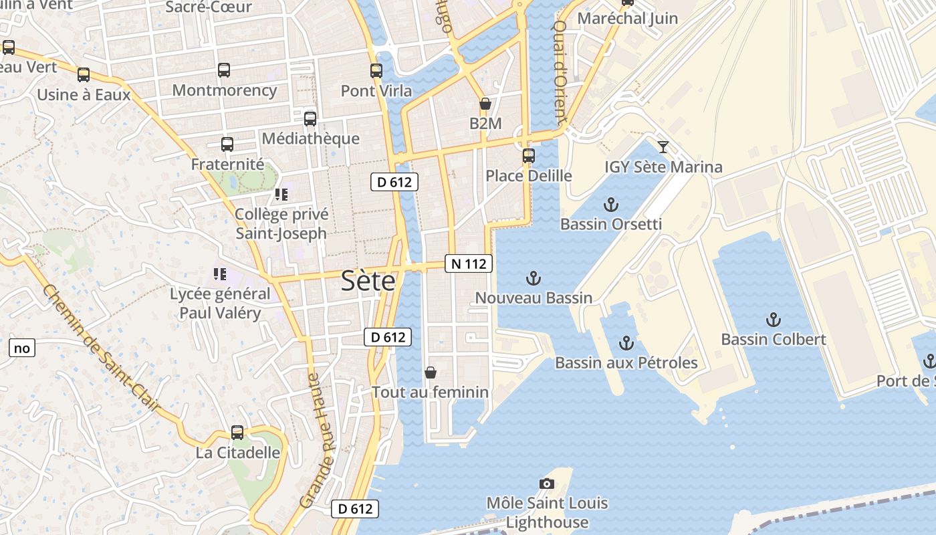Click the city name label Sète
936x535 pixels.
click(368, 281)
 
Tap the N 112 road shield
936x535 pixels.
click(469, 263)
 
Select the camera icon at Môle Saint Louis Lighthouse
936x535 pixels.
click(547, 484)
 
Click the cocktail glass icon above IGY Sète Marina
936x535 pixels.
click(663, 147)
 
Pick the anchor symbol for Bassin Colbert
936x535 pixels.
click(774, 320)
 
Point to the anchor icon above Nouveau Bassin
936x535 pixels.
click(533, 278)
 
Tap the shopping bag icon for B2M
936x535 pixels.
click(485, 104)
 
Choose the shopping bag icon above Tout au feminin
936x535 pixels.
click(431, 372)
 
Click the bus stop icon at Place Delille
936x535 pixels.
click(529, 156)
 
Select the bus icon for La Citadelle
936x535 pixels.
click(237, 433)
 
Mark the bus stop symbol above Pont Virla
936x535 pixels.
click(376, 71)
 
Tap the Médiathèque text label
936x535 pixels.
click(311, 138)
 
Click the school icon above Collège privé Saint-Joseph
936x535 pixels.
click(281, 195)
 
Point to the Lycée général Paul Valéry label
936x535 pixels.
click(220, 303)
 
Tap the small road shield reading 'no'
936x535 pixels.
click(21, 348)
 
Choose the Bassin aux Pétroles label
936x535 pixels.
click(626, 362)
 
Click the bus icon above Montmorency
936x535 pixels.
click(224, 70)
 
